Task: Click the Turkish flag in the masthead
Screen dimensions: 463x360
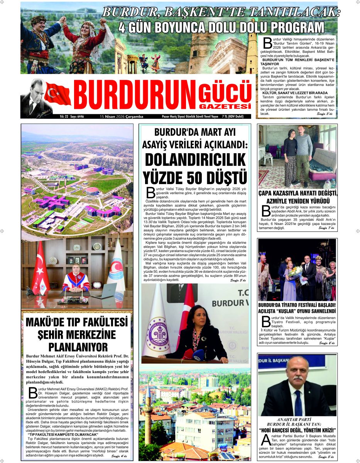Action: click(x=58, y=94)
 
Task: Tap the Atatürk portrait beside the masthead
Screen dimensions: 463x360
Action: click(x=33, y=96)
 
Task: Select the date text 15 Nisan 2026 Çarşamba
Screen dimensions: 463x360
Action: click(x=122, y=116)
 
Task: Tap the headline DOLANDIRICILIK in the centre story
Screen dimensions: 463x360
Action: click(x=195, y=159)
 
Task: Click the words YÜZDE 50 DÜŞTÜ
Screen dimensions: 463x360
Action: click(x=195, y=177)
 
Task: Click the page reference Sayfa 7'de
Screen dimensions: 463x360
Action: click(x=327, y=228)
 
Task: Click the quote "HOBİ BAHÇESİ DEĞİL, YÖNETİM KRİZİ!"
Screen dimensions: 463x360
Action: click(x=297, y=430)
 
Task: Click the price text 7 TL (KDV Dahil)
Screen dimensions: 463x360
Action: click(x=235, y=116)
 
